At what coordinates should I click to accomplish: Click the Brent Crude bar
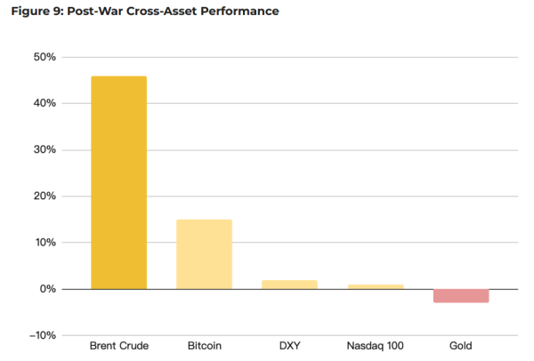[x=118, y=182]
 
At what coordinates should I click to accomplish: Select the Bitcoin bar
[x=204, y=254]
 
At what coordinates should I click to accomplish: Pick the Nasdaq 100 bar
[x=375, y=286]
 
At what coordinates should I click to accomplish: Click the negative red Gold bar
[x=460, y=295]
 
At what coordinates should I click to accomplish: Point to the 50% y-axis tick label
[x=44, y=57]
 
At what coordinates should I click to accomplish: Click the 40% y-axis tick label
[x=44, y=103]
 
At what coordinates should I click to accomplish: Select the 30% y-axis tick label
[x=44, y=149]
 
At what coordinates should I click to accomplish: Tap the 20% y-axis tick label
[x=44, y=196]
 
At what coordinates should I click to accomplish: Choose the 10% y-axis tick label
[x=44, y=242]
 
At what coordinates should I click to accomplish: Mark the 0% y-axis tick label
[x=48, y=289]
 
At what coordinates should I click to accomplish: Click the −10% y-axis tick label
[x=42, y=335]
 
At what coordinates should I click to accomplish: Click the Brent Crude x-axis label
[x=118, y=344]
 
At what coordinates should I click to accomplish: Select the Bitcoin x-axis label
[x=204, y=344]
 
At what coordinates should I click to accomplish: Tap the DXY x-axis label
[x=289, y=344]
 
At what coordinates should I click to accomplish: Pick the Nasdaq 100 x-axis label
[x=375, y=344]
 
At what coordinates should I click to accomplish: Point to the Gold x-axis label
[x=460, y=344]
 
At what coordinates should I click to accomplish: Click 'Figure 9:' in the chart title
[x=35, y=12]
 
